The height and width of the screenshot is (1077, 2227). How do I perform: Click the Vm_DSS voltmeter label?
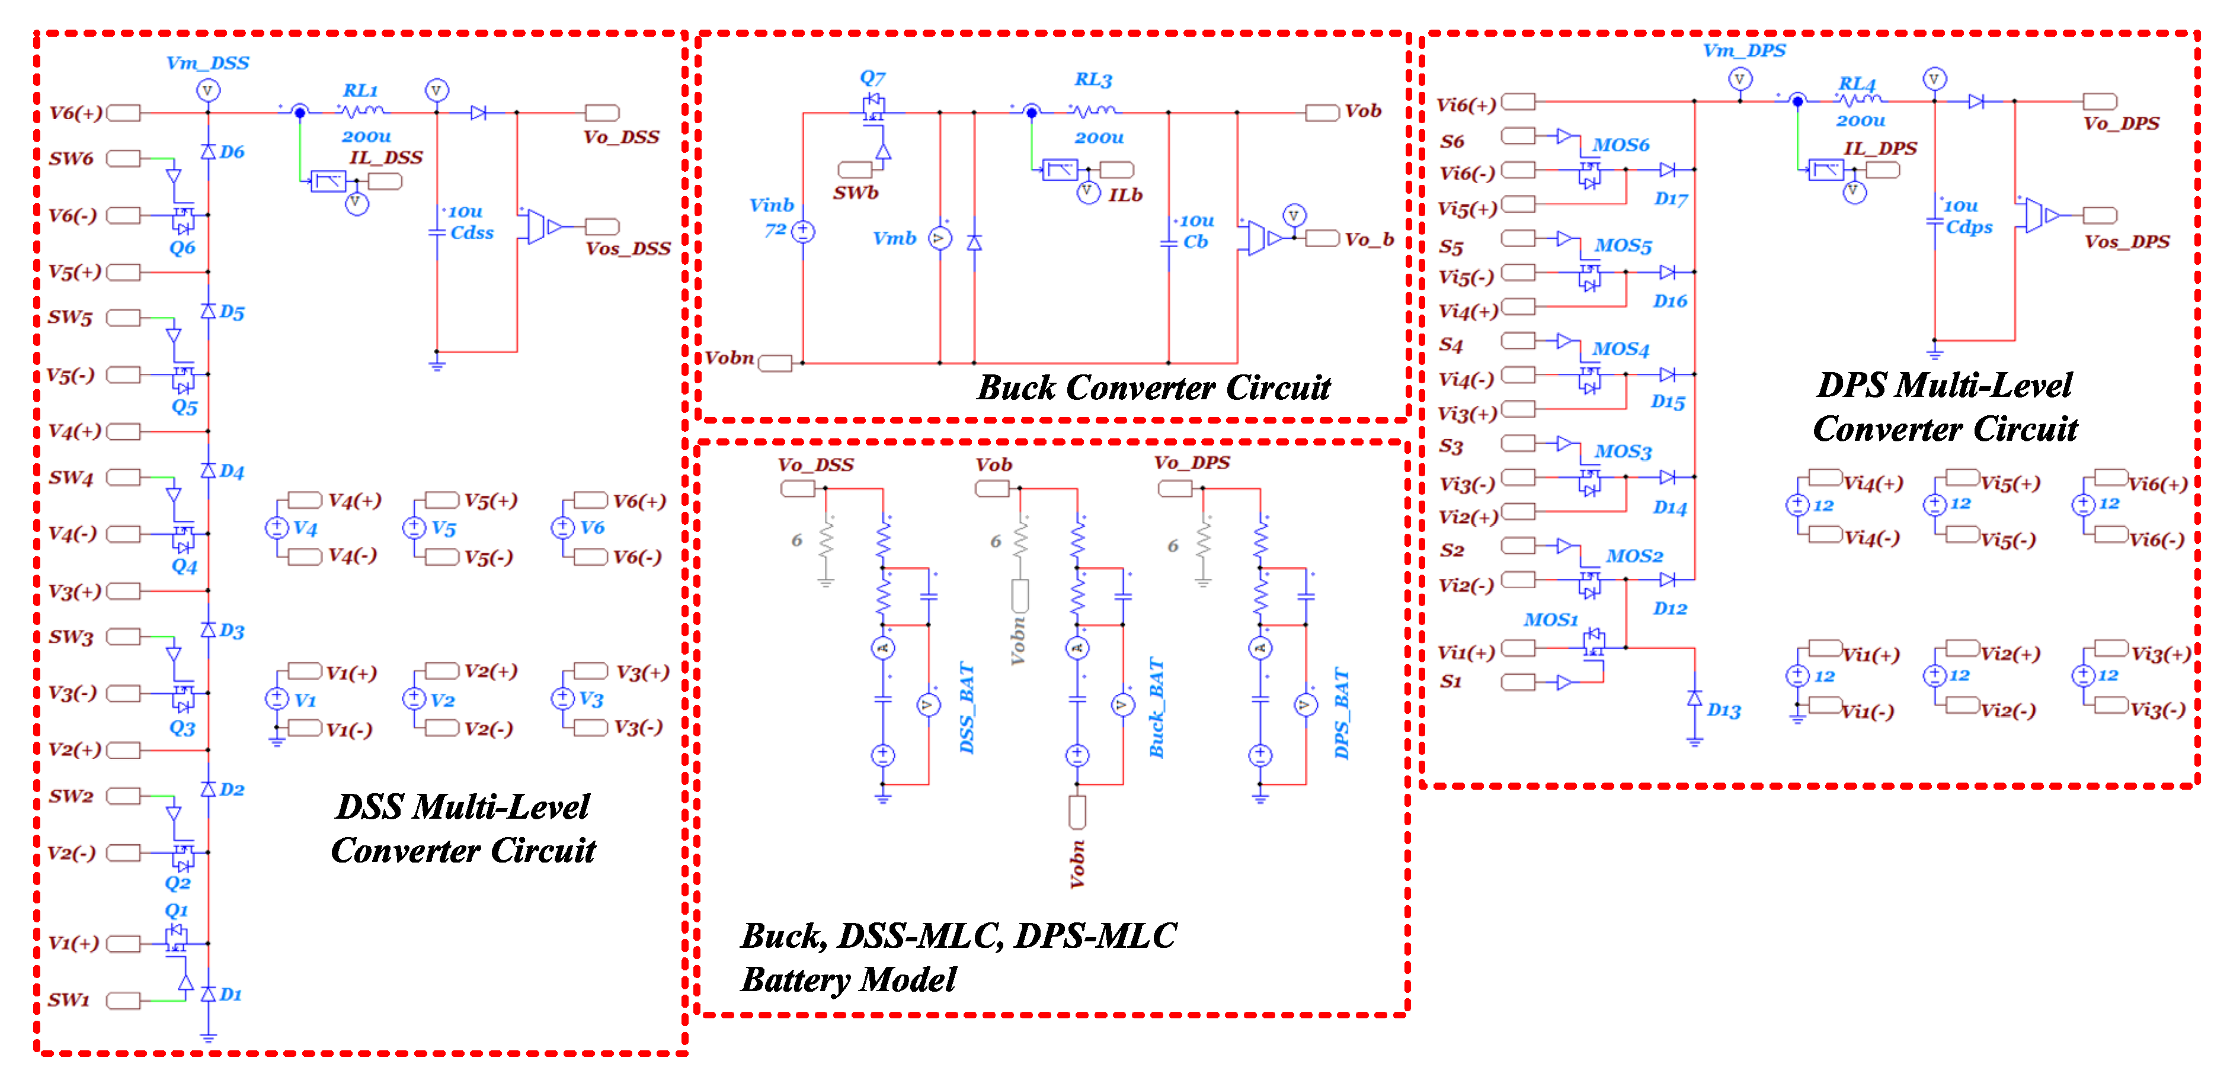click(207, 63)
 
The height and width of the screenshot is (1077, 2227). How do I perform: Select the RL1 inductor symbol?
click(362, 111)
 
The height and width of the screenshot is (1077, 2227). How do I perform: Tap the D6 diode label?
click(232, 152)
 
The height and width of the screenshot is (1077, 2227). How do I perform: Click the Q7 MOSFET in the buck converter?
click(874, 108)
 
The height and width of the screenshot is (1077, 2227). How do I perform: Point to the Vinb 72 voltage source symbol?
click(803, 231)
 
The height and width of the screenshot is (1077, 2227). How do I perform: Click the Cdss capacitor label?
click(472, 233)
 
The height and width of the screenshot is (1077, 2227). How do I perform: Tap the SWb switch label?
click(855, 193)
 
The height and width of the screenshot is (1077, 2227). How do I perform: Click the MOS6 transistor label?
click(1621, 145)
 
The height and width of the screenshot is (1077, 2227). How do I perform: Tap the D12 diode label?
click(1669, 608)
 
